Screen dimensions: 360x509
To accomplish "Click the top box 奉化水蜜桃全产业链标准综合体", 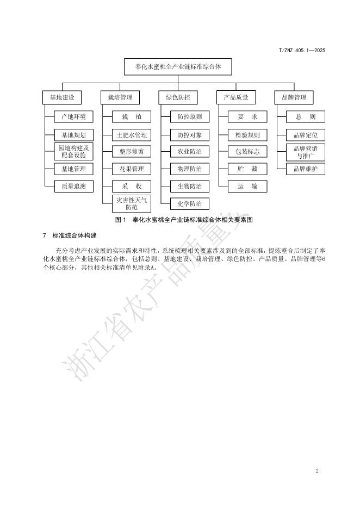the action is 178,67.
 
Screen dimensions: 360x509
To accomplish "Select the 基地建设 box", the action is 62,98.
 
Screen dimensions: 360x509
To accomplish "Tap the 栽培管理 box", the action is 120,98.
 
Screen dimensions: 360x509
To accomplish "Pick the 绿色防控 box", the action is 178,98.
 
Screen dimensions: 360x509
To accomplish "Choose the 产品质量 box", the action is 236,98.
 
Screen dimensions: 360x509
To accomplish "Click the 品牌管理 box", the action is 294,98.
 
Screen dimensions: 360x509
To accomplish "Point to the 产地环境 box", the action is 73,117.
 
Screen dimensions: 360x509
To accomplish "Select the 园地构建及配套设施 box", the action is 73,152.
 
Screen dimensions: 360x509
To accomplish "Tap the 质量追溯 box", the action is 73,187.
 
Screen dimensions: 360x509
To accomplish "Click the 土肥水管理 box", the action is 132,135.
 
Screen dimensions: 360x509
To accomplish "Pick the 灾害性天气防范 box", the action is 132,204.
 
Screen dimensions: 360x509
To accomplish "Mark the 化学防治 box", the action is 189,204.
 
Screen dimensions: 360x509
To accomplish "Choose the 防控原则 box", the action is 189,117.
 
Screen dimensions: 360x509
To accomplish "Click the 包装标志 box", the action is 247,152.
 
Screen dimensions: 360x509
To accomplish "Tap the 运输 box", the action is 247,187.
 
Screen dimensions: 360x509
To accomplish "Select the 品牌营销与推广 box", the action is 305,152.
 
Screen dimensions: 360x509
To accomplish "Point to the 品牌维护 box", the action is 305,169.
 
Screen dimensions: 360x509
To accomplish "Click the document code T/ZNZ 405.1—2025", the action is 302,51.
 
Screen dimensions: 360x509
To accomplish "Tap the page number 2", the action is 317,470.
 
